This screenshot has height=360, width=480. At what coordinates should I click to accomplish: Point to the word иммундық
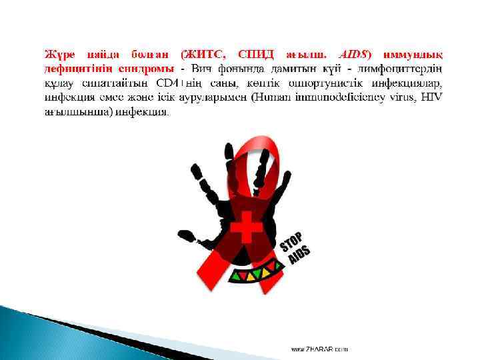pos(415,53)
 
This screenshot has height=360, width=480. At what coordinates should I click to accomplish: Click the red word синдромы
pos(147,68)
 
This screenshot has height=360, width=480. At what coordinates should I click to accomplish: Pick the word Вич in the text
pos(202,68)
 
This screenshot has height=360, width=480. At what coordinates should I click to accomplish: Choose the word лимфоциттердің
pos(405,68)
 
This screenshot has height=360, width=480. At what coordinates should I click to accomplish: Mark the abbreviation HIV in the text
pos(430,98)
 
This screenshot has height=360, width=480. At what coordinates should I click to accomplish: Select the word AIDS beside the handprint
pos(299,253)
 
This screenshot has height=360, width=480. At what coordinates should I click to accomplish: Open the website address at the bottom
pos(319,349)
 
